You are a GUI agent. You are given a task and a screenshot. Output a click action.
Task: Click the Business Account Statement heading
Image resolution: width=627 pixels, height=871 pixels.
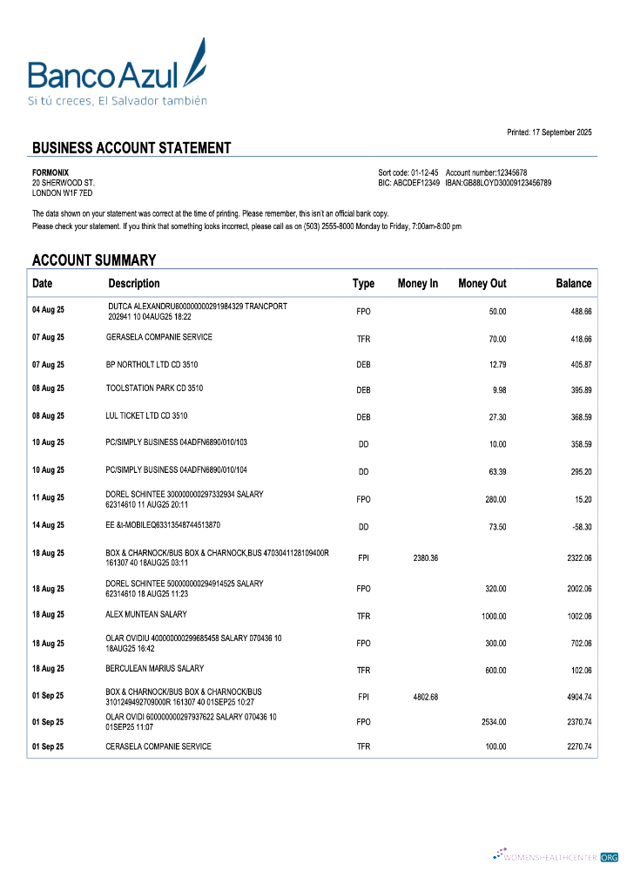pyautogui.click(x=131, y=148)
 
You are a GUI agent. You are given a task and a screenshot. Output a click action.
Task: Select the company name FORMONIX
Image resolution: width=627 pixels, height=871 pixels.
pyautogui.click(x=51, y=172)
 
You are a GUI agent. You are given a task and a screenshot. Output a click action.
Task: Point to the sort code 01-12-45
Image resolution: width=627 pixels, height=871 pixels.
pyautogui.click(x=424, y=172)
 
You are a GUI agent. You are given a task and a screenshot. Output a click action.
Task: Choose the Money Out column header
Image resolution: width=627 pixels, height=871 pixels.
pyautogui.click(x=482, y=283)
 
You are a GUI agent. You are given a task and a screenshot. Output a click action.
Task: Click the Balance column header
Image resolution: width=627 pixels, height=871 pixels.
pyautogui.click(x=573, y=283)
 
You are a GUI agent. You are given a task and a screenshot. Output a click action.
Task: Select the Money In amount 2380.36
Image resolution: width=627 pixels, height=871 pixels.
pyautogui.click(x=421, y=557)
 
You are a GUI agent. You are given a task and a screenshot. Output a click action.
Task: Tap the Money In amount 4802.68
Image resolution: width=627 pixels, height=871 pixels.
pyautogui.click(x=421, y=697)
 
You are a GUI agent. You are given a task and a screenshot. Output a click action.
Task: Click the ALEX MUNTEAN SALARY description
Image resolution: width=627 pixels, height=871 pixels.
pyautogui.click(x=146, y=614)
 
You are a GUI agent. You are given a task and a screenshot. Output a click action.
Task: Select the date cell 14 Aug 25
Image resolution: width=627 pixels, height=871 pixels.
pyautogui.click(x=48, y=526)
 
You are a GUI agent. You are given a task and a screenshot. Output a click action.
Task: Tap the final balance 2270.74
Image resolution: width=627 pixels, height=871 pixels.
pyautogui.click(x=575, y=747)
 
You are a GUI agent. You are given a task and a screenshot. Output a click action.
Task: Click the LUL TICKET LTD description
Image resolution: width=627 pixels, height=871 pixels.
pyautogui.click(x=146, y=415)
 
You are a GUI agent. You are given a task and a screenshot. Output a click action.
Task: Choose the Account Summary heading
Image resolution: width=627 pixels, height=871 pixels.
pyautogui.click(x=94, y=260)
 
